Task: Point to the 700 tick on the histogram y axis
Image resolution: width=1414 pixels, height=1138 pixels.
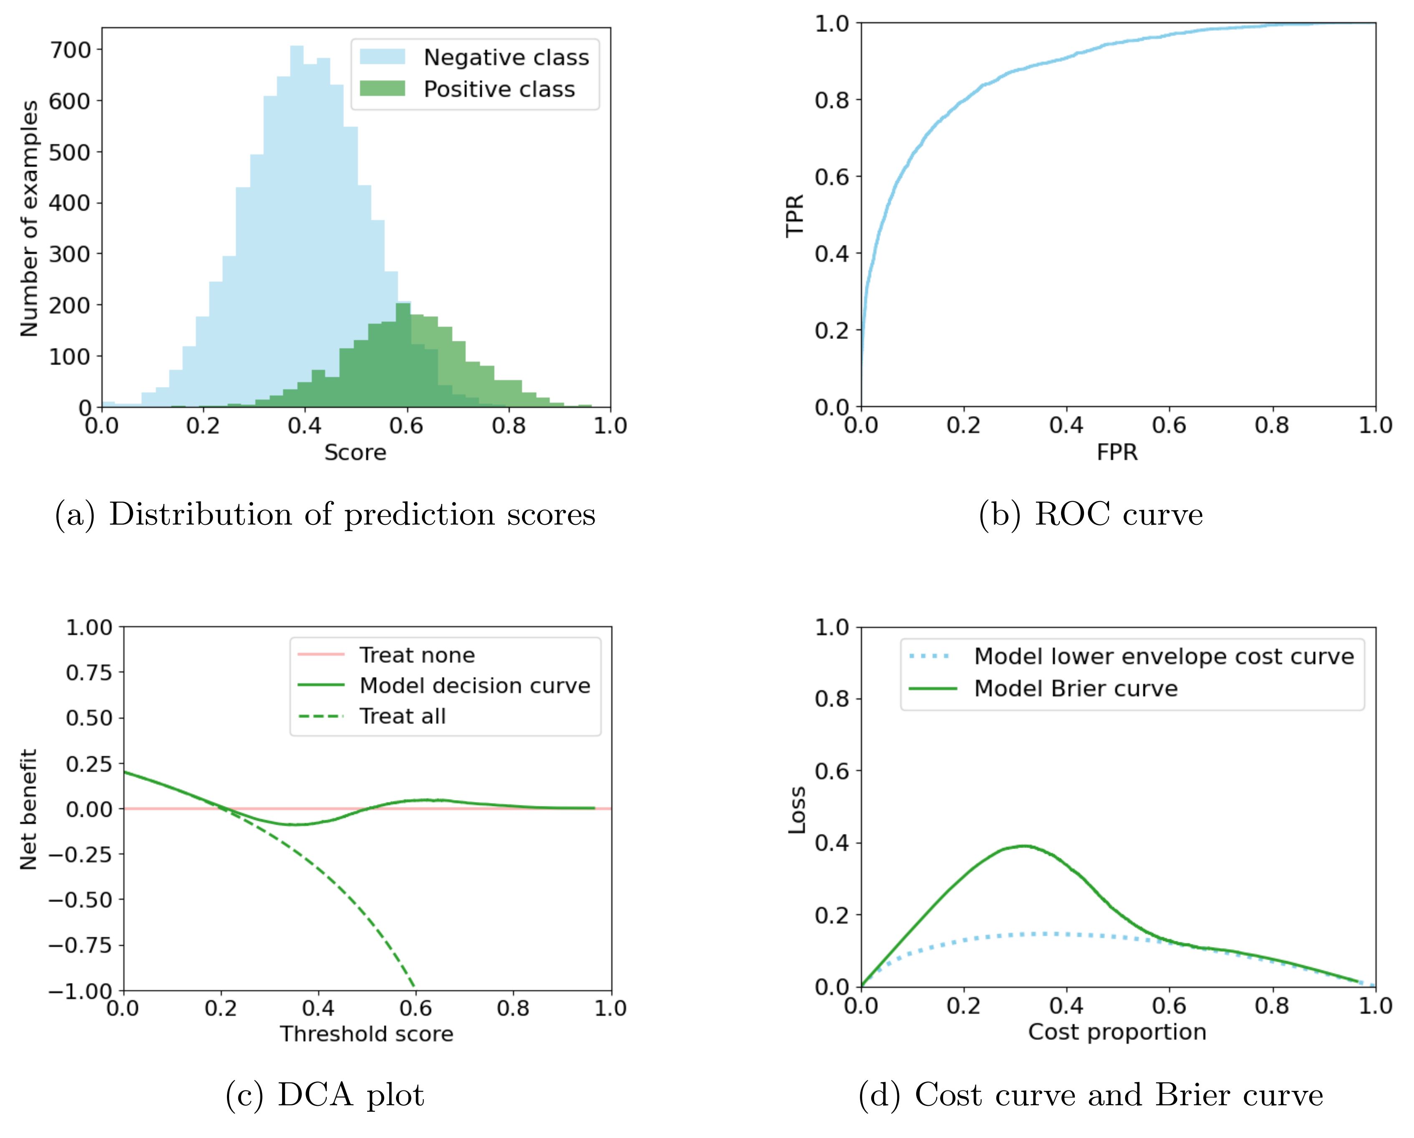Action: [71, 50]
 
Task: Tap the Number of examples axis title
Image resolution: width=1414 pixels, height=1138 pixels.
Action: [29, 219]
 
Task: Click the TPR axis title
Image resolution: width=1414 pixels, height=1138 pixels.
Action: [795, 215]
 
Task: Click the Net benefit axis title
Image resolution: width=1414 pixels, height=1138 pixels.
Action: [29, 809]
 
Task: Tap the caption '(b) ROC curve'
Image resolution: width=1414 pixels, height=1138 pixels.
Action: [1091, 515]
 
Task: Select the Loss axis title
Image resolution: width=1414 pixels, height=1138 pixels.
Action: [796, 810]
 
